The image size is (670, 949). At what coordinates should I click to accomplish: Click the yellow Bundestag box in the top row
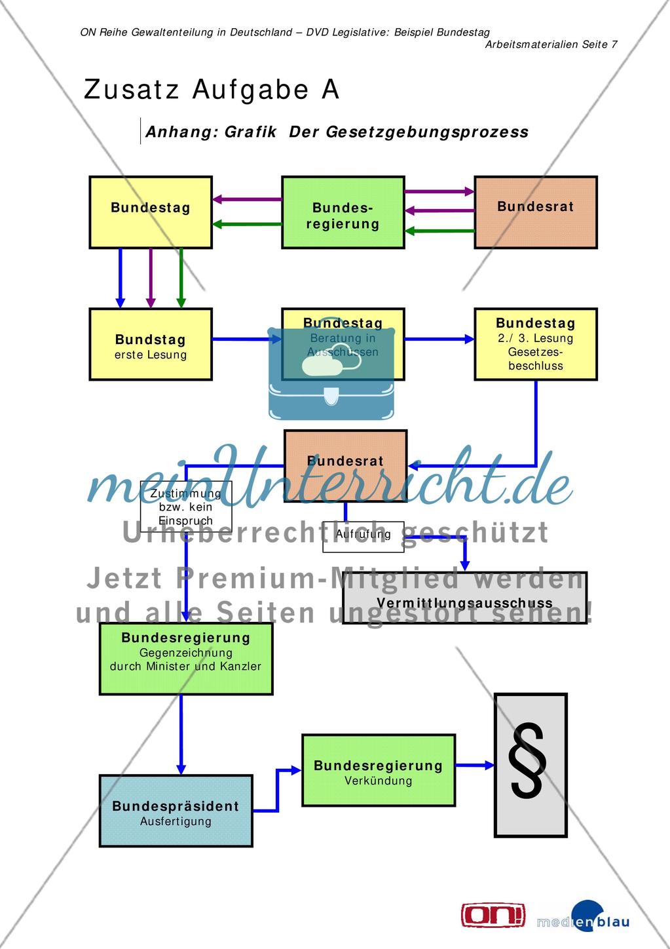coord(151,212)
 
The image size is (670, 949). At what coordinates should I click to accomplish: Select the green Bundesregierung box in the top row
coord(343,212)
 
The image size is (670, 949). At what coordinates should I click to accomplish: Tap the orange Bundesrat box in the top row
coord(535,212)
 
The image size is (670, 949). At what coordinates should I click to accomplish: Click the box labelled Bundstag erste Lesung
coord(151,345)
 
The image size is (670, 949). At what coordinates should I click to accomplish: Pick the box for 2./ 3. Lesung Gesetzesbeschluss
coord(535,345)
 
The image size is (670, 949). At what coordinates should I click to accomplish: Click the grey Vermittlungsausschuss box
coord(464,598)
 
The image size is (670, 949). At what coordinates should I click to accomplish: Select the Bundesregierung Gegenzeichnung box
coord(185,659)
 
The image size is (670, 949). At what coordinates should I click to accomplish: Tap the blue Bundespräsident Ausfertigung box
coord(176,811)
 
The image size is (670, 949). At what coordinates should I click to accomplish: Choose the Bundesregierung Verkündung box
coord(378,770)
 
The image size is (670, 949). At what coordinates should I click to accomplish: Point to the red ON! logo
coord(493,915)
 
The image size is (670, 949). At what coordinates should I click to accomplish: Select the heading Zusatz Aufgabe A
coord(212,90)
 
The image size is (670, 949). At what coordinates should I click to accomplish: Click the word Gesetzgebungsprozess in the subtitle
coord(427,132)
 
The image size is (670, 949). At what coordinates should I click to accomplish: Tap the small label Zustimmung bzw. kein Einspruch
coord(185,507)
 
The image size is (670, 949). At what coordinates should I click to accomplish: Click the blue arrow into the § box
coord(475,765)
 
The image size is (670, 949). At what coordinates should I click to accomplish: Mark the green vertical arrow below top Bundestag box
coord(181,278)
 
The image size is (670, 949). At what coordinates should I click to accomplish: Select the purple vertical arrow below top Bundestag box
coord(151,278)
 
